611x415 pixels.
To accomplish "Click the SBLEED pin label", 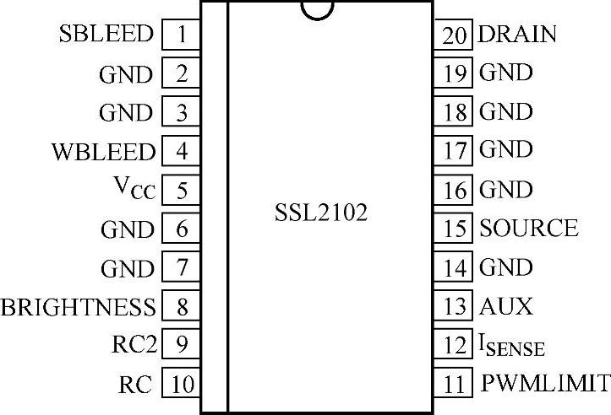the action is coord(106,35).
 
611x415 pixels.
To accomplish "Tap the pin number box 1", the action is coord(181,35).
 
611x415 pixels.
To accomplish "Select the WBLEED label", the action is coord(103,152).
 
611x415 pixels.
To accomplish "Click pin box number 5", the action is coord(181,190).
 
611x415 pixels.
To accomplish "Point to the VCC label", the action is coord(134,190).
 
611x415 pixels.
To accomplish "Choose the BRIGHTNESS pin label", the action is coord(79,306).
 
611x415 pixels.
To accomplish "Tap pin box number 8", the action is coord(181,306).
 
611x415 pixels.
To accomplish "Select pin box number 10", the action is coord(181,385).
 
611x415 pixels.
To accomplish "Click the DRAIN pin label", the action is coord(517,35).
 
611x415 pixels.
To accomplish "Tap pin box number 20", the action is coord(456,35).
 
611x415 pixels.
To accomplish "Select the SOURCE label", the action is coord(529,228).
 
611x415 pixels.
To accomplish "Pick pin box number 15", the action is coord(456,229).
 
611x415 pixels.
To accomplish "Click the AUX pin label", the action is coord(506,305).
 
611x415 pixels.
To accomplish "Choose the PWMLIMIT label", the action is coord(545,384).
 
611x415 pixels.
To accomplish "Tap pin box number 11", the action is coord(456,385).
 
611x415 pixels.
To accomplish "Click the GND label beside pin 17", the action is coord(506,150).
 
